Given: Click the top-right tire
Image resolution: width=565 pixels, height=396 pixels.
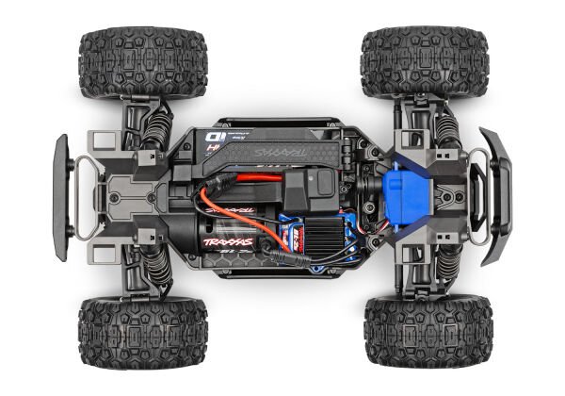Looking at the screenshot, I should pos(425,61).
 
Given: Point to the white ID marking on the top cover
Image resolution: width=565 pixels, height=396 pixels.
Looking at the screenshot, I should pos(211,142).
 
